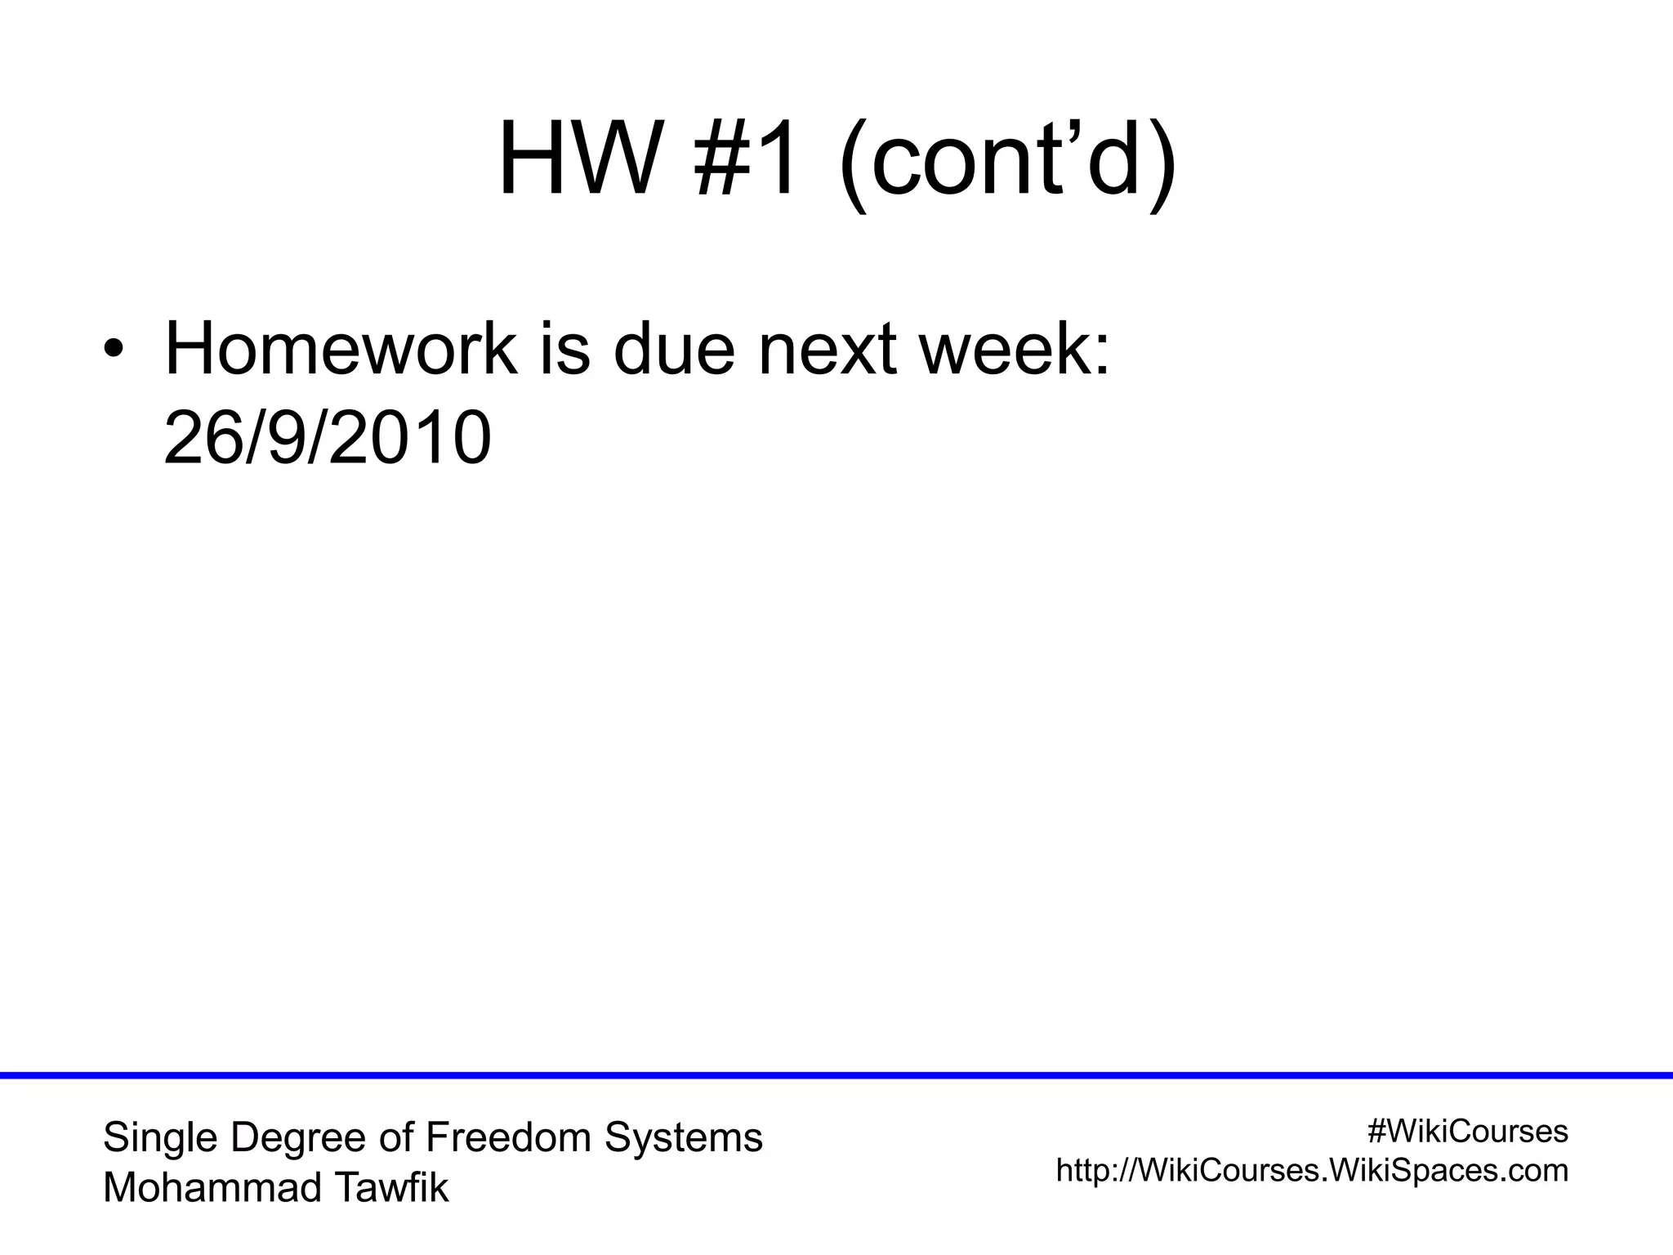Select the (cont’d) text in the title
[x=1007, y=160]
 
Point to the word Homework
[x=341, y=351]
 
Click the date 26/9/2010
[x=328, y=439]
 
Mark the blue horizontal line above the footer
[x=836, y=1076]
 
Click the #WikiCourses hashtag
[x=1467, y=1132]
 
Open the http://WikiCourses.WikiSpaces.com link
[x=1312, y=1171]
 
